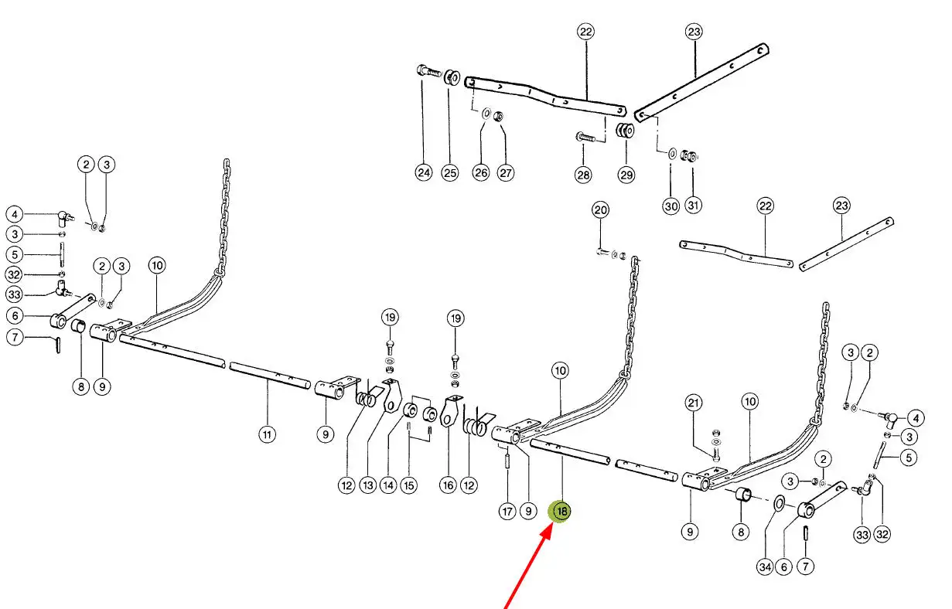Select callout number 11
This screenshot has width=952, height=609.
click(267, 434)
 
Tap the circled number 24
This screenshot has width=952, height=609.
click(424, 172)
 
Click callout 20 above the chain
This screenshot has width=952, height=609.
click(600, 209)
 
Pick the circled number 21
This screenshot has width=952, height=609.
click(693, 403)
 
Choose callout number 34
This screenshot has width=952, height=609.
click(766, 566)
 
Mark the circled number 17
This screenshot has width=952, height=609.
click(507, 511)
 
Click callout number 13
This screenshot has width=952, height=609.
click(368, 485)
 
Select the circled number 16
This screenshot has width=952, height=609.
click(449, 485)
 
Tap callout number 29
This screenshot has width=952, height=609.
click(626, 175)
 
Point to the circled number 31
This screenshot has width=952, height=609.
click(693, 205)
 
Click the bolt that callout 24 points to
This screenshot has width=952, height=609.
click(430, 71)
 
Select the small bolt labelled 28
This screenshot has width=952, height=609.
click(585, 137)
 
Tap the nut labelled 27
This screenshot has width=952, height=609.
click(499, 115)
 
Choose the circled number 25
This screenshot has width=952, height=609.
click(450, 173)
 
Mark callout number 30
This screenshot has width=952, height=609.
click(670, 206)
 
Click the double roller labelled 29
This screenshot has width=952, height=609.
click(625, 130)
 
